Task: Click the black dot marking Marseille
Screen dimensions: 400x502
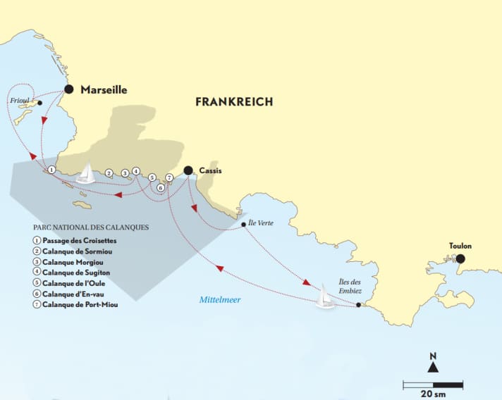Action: coord(68,89)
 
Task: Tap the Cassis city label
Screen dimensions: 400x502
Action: coord(211,170)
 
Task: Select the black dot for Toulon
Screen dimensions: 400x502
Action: coord(460,258)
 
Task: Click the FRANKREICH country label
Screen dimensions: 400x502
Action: coord(234,102)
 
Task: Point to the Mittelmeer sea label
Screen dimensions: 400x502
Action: coord(219,299)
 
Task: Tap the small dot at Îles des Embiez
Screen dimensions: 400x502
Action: coord(359,305)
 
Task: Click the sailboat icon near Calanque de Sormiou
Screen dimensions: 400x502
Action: coord(85,173)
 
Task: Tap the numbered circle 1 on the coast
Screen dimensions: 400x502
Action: coord(51,170)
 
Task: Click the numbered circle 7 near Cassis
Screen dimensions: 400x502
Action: coord(169,177)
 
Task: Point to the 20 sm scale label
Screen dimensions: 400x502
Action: coord(433,393)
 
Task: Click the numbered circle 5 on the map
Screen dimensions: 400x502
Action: coord(152,177)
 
